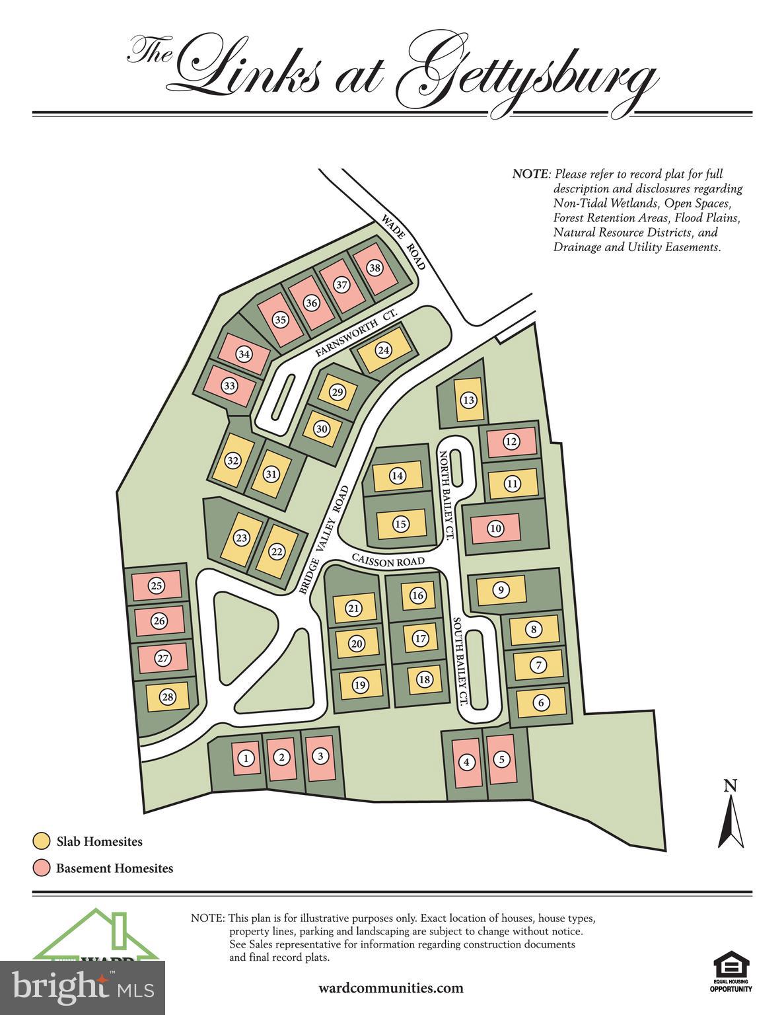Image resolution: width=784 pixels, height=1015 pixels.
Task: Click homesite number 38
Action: (374, 268)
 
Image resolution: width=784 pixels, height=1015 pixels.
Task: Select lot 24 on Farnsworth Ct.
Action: (384, 350)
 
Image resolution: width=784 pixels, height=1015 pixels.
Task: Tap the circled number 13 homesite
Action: (468, 400)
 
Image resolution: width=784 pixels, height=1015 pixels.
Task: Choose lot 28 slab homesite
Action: (168, 696)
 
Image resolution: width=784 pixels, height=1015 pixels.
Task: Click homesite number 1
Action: (246, 758)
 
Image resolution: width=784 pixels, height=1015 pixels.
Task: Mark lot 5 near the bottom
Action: (502, 759)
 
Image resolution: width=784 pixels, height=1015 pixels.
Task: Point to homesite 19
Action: (360, 685)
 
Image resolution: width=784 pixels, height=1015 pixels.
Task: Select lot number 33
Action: (229, 386)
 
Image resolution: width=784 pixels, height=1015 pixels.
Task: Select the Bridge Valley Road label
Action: (324, 540)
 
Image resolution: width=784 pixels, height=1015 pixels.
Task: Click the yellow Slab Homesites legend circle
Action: (42, 841)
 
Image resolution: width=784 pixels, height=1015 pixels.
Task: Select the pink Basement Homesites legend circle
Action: (42, 868)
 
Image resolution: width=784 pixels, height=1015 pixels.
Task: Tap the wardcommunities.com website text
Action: (390, 988)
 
